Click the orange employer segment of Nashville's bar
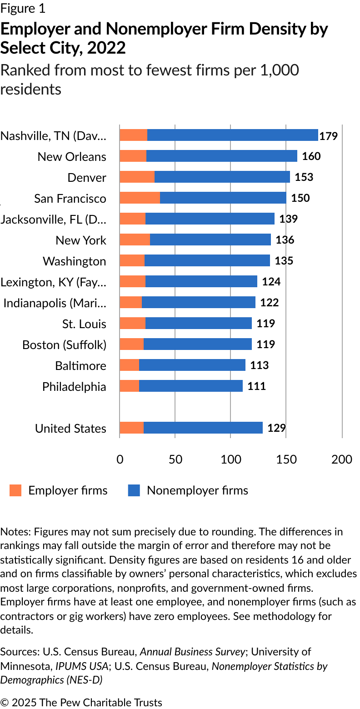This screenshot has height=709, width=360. (133, 135)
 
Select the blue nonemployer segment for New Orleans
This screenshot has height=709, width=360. (221, 156)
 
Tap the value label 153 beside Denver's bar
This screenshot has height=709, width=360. (304, 177)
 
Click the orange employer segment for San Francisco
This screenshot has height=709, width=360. (140, 198)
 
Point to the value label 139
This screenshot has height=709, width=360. (289, 219)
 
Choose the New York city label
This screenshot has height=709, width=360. (81, 240)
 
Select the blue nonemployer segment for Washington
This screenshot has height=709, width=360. (207, 260)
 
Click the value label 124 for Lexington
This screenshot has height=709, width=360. (271, 281)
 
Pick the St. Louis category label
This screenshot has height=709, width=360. (84, 324)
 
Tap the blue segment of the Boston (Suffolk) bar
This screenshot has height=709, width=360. (197, 344)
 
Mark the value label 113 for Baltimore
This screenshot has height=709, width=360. (260, 365)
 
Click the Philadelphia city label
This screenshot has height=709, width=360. (74, 386)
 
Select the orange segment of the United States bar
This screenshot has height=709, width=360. (131, 428)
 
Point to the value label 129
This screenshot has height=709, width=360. (276, 428)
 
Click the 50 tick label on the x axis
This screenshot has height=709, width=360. (175, 459)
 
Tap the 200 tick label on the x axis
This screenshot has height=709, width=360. (342, 459)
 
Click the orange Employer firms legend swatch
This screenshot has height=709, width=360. (15, 490)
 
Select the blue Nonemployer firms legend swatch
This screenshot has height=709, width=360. (134, 490)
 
